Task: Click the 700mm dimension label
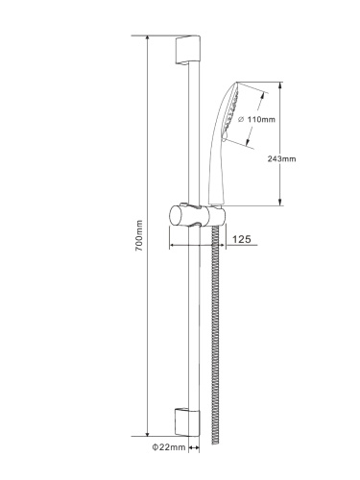(139, 235)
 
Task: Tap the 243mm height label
(281, 158)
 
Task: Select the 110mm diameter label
(257, 119)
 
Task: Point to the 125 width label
(242, 239)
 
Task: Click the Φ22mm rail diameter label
(169, 447)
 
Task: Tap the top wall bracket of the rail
(187, 50)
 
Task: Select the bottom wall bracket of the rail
(187, 421)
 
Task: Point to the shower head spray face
(231, 112)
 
